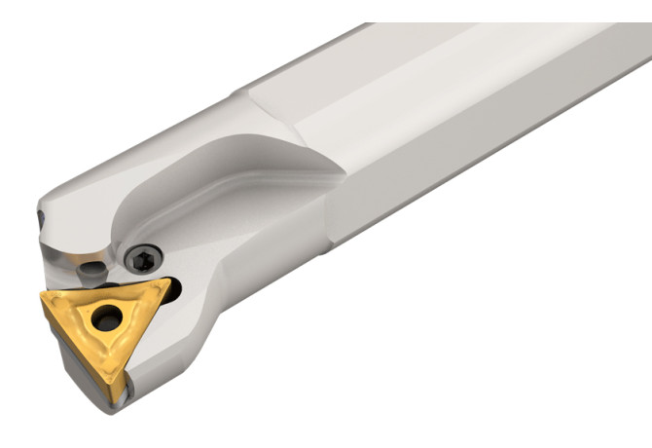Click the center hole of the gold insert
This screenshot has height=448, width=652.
104,317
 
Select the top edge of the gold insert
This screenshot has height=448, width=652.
107,289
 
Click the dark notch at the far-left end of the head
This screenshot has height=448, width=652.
40,220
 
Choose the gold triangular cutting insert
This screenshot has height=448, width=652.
107,326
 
